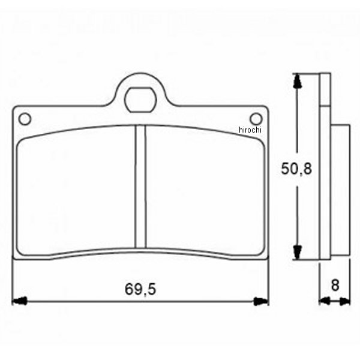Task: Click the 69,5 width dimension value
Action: coord(140,289)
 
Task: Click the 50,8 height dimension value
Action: coord(296,169)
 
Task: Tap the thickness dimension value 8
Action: coord(335,286)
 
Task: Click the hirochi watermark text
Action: coord(250,130)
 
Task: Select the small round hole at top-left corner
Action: coord(25,119)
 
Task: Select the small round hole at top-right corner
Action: coord(256,119)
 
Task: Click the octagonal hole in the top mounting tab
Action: coord(140,100)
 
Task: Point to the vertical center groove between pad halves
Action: coord(140,187)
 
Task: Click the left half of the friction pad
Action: coord(76,190)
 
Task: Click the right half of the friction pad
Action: coord(205,190)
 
